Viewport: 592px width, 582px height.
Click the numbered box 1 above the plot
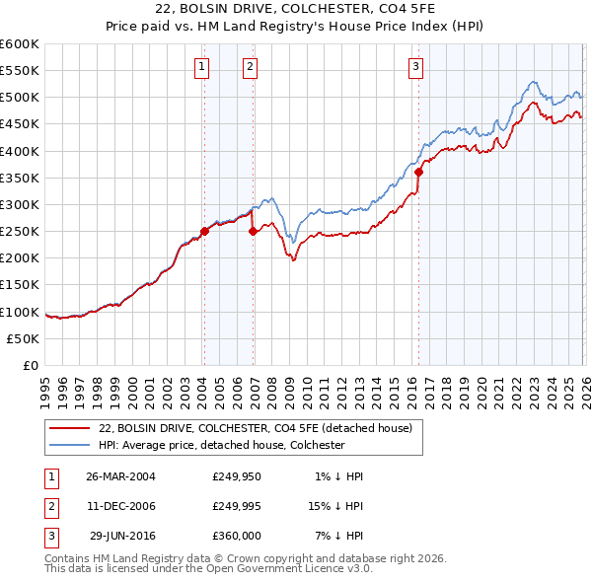coord(202,67)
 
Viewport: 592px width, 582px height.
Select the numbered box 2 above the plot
coord(251,67)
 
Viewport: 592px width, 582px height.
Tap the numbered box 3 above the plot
coord(416,67)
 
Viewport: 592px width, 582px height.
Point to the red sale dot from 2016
coord(418,172)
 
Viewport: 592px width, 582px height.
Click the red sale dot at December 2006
coord(253,232)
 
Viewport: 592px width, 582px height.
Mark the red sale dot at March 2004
coord(204,231)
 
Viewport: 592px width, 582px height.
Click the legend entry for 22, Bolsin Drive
coord(260,428)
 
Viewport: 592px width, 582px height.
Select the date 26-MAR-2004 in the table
coord(121,476)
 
